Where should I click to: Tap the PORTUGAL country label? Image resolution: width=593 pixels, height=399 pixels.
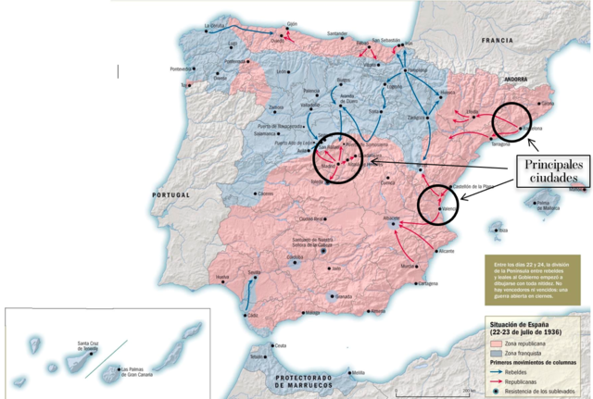pos(172,195)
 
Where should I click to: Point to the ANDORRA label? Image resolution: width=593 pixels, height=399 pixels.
pos(487,81)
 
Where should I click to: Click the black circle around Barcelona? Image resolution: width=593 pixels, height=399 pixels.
pos(513,124)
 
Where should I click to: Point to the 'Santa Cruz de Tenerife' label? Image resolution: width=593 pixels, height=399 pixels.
pos(78,346)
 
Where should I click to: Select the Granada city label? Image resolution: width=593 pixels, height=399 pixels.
pos(346,296)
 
